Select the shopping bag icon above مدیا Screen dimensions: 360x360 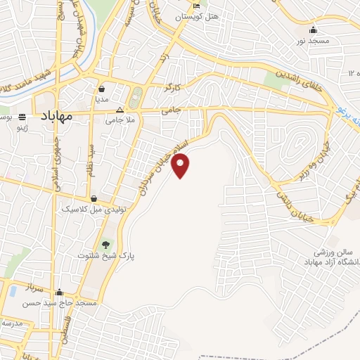coord(103,89)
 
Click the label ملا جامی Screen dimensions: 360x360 coord(120,120)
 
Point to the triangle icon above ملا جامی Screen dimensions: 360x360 coord(120,110)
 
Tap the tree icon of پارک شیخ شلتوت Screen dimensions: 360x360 coord(106,245)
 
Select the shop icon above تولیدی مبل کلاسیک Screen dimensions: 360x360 coord(94,199)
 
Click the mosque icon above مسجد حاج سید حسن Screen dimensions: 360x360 coord(60,292)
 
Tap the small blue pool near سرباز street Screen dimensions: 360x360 coord(12,291)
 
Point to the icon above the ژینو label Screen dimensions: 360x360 coord(22,117)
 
